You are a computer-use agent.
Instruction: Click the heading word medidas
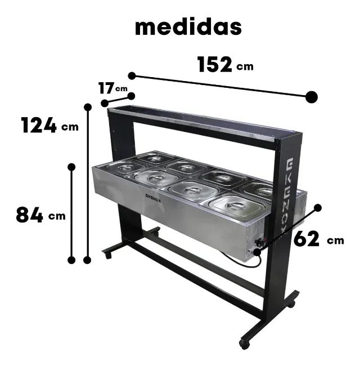pos(188,26)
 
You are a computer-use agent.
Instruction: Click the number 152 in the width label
pos(214,65)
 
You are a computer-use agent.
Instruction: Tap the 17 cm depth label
pos(107,88)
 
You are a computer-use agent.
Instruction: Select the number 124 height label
pos(39,125)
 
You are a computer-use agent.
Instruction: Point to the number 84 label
pos(29,215)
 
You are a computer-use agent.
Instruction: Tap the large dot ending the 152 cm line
pos(312,97)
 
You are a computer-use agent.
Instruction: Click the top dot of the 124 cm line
pos(88,106)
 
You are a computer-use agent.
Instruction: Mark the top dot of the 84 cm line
pos(71,167)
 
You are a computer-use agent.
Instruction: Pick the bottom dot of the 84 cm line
pos(71,260)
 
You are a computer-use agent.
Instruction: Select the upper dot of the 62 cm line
pos(318,207)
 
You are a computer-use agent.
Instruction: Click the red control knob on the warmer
pos(260,243)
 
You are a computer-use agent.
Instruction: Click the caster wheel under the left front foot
pos(107,255)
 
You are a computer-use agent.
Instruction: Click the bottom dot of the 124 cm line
pos(87,260)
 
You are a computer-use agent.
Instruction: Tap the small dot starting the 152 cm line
pos(132,75)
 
